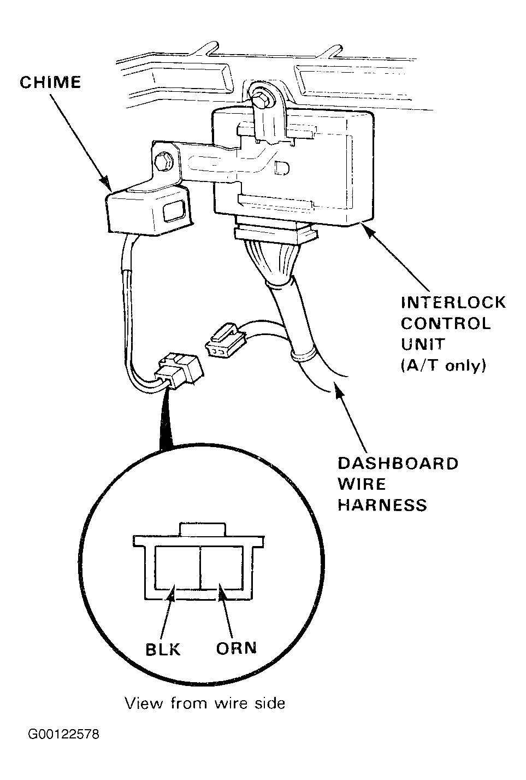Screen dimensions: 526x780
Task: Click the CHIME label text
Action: coord(50,83)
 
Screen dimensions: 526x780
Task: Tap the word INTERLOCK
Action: coord(453,302)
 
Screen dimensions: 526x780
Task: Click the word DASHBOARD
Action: coord(398,464)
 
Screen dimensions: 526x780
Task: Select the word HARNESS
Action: coord(382,505)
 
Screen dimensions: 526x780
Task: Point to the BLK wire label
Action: coord(163,649)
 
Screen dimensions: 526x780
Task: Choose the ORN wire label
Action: coord(237,648)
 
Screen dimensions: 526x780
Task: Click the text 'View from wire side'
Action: coord(205,703)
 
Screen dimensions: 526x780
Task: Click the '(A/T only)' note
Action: coord(443,365)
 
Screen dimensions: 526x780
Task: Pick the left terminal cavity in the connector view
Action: coord(177,567)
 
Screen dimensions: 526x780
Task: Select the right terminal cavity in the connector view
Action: coord(222,567)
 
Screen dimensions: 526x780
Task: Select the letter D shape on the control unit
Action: coord(282,168)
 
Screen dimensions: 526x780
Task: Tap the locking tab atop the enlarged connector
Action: coord(202,529)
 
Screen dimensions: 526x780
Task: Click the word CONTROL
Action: coord(446,324)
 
